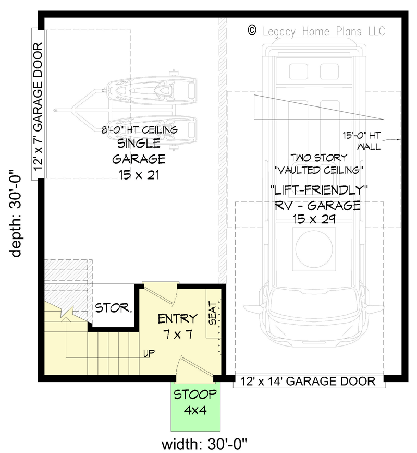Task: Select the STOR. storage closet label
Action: tap(113, 308)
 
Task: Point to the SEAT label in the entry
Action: tap(213, 313)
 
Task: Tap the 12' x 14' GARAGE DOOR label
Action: tap(308, 382)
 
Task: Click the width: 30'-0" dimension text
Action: tap(204, 445)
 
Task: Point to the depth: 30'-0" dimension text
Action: tap(17, 212)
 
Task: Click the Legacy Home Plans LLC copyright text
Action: tap(323, 31)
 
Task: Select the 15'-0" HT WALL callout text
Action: tap(369, 141)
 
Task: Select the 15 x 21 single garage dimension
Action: tap(139, 174)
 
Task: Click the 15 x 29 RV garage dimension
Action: tap(317, 220)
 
